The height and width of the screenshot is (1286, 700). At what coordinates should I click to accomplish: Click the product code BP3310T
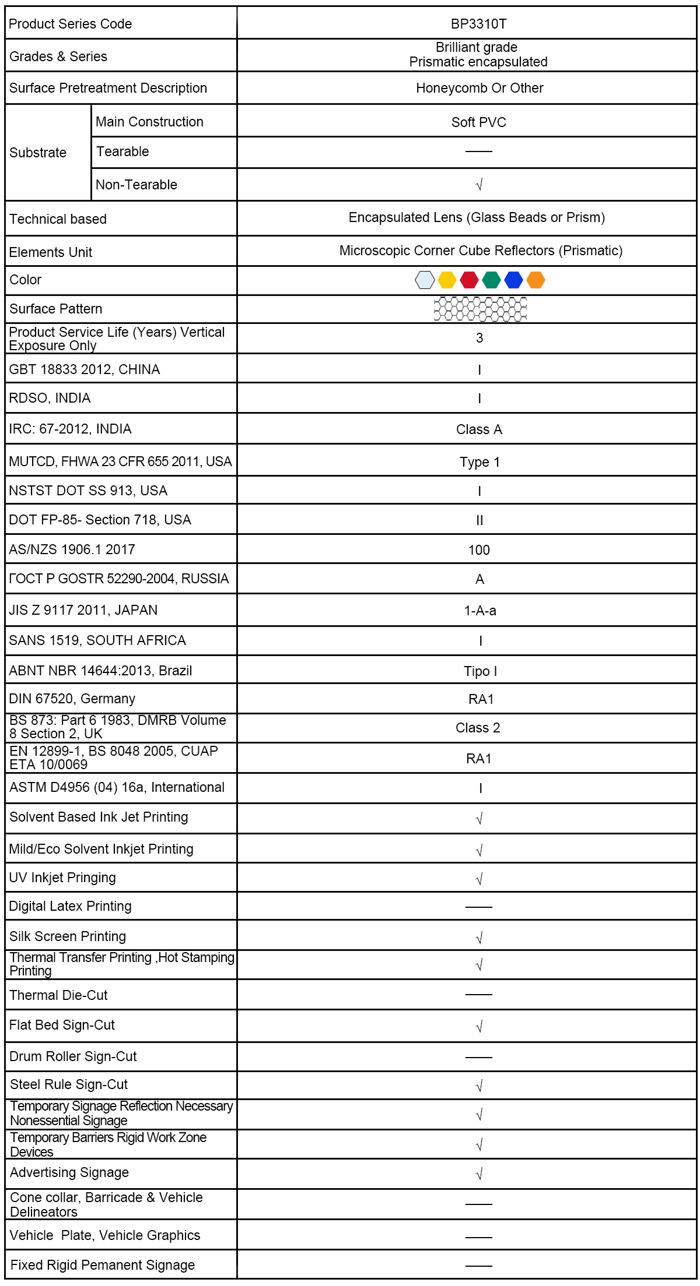point(478,24)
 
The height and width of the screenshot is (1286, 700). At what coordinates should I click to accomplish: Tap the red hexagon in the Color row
point(469,280)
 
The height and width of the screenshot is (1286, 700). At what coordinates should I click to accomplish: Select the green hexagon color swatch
point(491,280)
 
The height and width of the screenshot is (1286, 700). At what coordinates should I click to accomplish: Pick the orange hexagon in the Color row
point(535,280)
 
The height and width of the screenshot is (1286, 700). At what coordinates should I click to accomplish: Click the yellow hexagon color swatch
point(447,280)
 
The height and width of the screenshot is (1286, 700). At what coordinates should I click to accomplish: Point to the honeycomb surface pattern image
point(480,309)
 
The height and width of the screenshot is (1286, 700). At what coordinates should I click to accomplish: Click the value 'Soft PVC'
point(478,122)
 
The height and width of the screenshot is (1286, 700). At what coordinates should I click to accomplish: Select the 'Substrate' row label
point(38,153)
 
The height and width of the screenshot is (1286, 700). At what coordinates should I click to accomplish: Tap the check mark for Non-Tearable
point(479,185)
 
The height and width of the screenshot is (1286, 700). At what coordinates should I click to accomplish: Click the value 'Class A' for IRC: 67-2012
point(479,430)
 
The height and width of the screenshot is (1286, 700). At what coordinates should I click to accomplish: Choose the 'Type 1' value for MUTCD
point(480,462)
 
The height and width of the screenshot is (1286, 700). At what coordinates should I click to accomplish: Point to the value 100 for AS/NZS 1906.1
point(479,550)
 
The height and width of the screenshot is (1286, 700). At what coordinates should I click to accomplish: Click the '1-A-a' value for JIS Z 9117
point(480,611)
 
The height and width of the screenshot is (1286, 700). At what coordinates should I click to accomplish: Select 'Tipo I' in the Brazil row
point(480,671)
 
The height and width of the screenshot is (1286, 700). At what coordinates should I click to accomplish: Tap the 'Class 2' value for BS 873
point(478,728)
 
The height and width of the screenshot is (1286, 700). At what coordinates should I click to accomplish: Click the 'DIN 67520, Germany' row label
point(72,699)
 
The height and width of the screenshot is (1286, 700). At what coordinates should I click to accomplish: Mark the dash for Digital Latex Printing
point(479,907)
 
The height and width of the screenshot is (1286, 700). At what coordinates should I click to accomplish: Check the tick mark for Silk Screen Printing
point(479,938)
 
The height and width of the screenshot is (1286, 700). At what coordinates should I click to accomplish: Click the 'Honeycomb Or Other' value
point(480,88)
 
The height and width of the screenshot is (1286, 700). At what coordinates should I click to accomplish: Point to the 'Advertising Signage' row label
point(69,1172)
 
